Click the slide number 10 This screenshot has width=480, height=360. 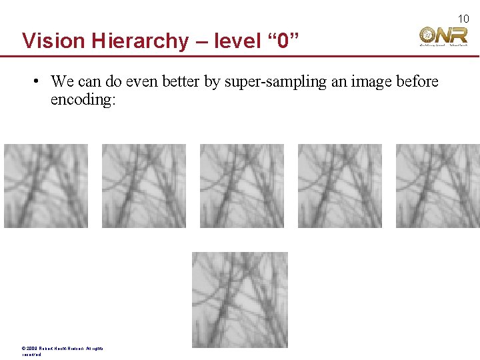point(463,19)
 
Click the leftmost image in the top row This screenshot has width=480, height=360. point(45,186)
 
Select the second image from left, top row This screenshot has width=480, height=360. point(143,186)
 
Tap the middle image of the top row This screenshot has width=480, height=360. point(241,186)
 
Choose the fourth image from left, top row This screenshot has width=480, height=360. point(339,186)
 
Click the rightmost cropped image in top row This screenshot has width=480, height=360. point(437,186)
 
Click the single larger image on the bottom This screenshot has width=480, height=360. point(240,299)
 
